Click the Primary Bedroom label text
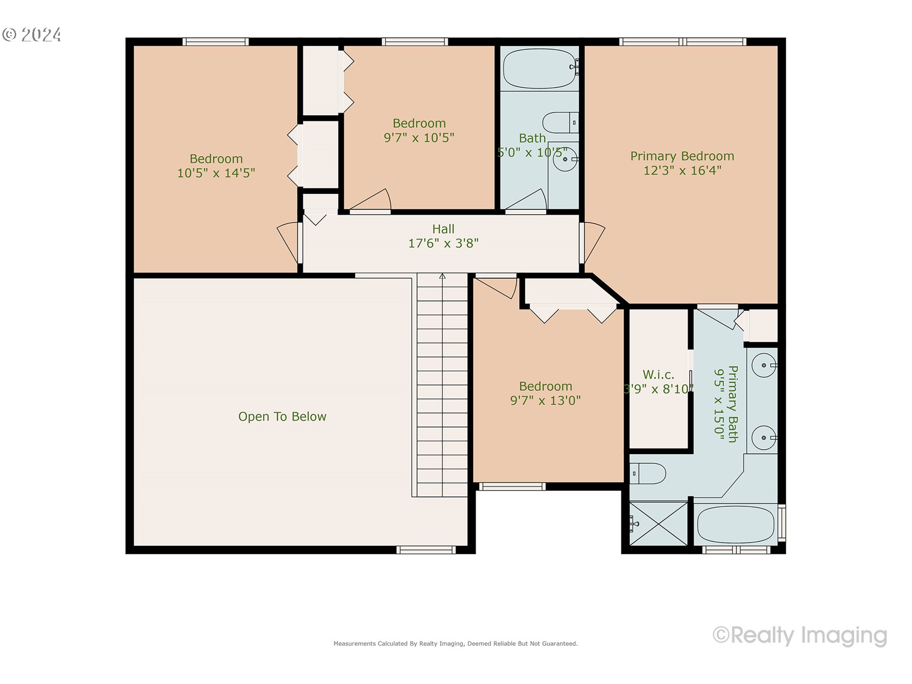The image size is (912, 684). tap(682, 156)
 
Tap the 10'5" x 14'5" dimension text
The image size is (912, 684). tap(216, 173)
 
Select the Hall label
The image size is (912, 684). tap(443, 229)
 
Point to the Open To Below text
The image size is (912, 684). tap(282, 417)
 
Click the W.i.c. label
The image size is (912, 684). tap(658, 374)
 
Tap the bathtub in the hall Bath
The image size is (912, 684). tap(539, 68)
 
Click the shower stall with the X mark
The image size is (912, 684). tap(658, 523)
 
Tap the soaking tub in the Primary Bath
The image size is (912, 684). tap(735, 524)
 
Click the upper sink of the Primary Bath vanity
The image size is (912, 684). tap(764, 365)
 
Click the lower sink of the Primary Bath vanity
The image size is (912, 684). tap(764, 437)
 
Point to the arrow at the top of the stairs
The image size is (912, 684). tap(442, 276)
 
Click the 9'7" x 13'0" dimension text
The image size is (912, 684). tap(545, 400)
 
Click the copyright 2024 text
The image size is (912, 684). tap(32, 35)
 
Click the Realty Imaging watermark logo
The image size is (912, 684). tap(800, 635)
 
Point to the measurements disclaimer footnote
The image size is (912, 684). tap(456, 644)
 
